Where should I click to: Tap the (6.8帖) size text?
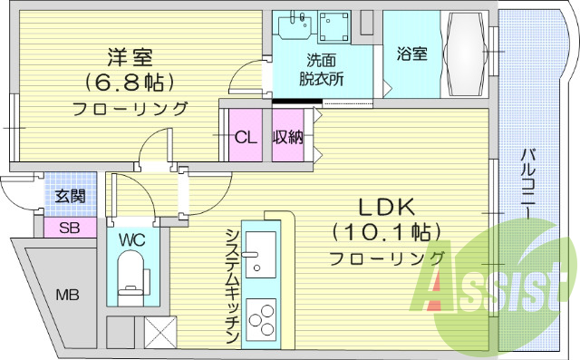[130, 83]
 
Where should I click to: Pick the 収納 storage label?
[288, 138]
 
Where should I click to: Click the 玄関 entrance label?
[68, 195]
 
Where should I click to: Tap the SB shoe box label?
[70, 228]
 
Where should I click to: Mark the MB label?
[67, 295]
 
